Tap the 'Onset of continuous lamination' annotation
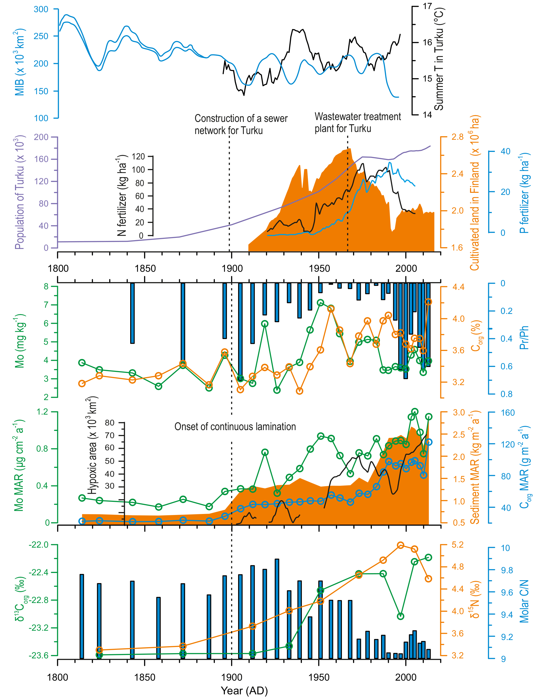tap(235, 426)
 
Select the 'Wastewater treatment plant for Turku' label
tap(357, 123)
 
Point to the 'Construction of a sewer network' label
tap(241, 124)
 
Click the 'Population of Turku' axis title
tap(19, 193)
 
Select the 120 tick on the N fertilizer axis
tap(138, 156)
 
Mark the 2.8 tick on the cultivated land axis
tap(457, 137)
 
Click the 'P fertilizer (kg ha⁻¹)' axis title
tap(524, 193)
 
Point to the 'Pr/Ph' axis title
tap(524, 337)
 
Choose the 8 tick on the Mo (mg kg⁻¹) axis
tap(46, 286)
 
